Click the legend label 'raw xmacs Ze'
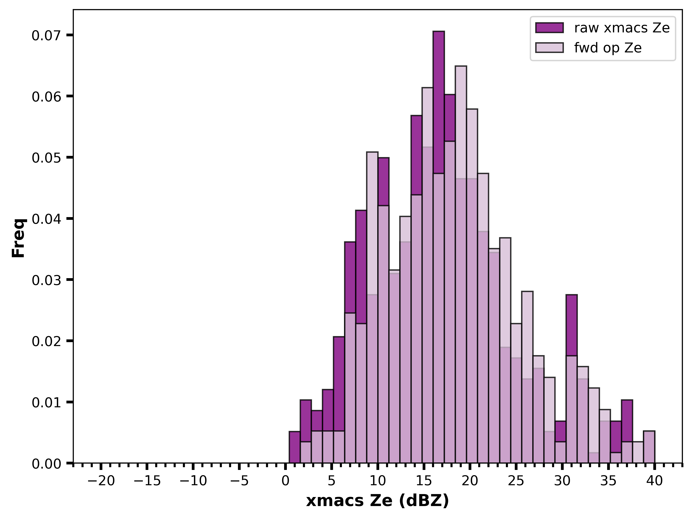[x=622, y=28]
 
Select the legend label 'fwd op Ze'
[x=608, y=48]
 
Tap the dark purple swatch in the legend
[x=549, y=28]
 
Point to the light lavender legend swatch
[x=549, y=48]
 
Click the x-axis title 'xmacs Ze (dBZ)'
[x=378, y=501]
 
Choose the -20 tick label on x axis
[x=101, y=481]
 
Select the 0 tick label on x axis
[x=285, y=481]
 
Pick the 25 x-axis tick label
[x=516, y=481]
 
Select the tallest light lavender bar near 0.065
[x=461, y=122]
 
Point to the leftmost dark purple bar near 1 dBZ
[x=294, y=447]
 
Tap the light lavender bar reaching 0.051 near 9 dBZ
[x=372, y=223]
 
